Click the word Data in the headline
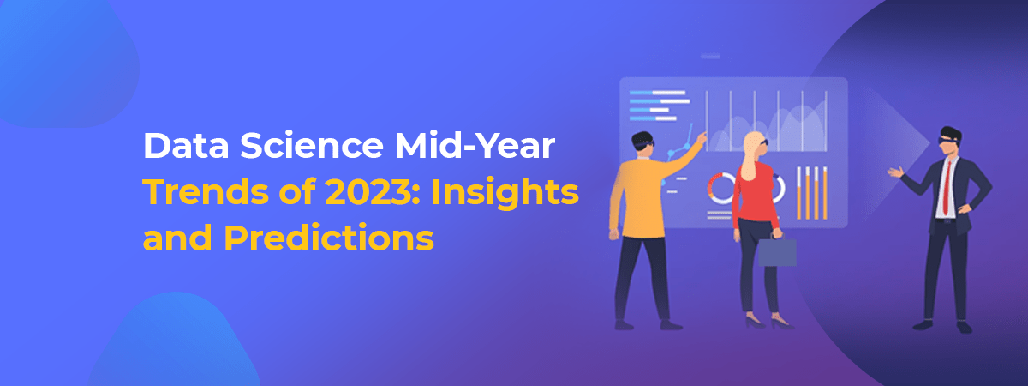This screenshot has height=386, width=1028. tap(187, 145)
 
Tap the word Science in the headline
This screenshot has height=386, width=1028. tap(312, 145)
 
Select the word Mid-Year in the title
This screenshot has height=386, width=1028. tap(475, 146)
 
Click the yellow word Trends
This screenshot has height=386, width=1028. tap(206, 191)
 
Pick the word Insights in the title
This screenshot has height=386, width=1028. tap(505, 193)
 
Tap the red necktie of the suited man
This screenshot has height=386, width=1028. tap(947, 188)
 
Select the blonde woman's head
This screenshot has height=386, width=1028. tap(754, 146)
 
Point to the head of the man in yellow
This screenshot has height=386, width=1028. tap(642, 145)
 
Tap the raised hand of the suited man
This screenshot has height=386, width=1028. tap(896, 172)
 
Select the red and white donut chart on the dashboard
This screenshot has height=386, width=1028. tap(721, 188)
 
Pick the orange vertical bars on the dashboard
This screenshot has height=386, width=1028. tap(812, 192)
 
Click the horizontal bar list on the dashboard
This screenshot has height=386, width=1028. tap(660, 106)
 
